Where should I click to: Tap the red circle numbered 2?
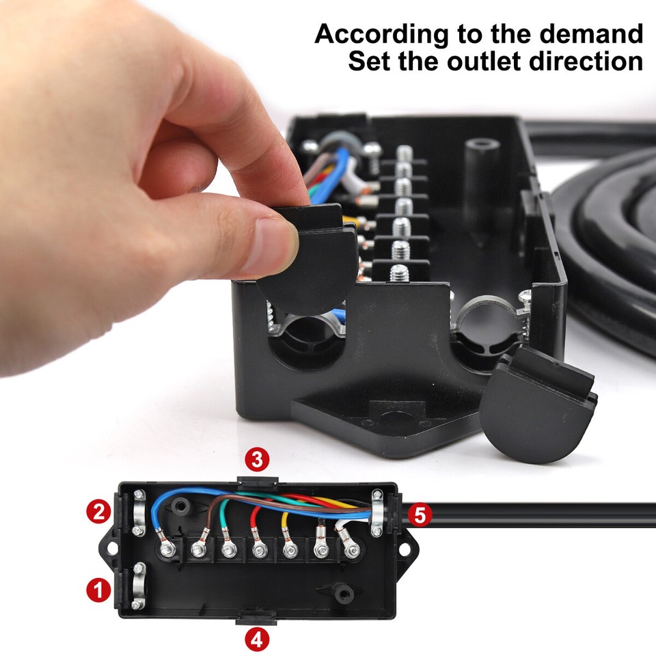pos(100,511)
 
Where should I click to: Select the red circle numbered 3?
pos(256,459)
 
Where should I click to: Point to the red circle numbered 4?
pos(256,640)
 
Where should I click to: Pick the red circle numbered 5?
pos(420,515)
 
